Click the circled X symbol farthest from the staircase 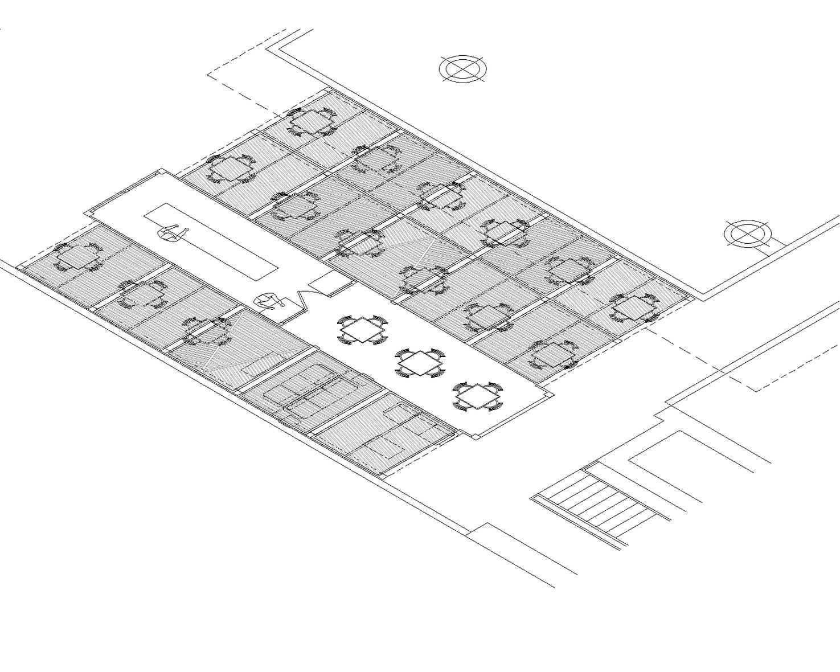click(463, 68)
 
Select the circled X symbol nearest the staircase click(748, 233)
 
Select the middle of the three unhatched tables click(420, 363)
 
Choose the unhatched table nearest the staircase click(477, 396)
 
